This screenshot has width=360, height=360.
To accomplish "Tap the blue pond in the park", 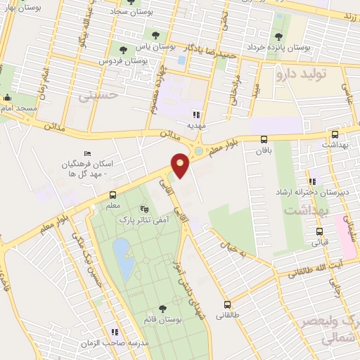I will click(122, 256).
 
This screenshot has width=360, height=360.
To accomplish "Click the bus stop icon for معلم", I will click(114, 195).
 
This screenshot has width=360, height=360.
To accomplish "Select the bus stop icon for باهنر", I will click(264, 139).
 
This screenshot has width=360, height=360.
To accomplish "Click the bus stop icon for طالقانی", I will click(227, 304).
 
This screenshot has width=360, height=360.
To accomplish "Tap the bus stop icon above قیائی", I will click(320, 231).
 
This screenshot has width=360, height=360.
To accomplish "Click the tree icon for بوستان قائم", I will click(163, 308).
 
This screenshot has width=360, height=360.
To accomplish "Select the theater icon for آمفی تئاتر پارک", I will click(145, 208).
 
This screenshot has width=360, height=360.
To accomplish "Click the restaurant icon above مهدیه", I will click(197, 114).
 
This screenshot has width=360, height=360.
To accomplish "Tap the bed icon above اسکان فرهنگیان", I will click(87, 154).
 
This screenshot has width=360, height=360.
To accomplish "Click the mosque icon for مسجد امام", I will click(7, 98).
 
